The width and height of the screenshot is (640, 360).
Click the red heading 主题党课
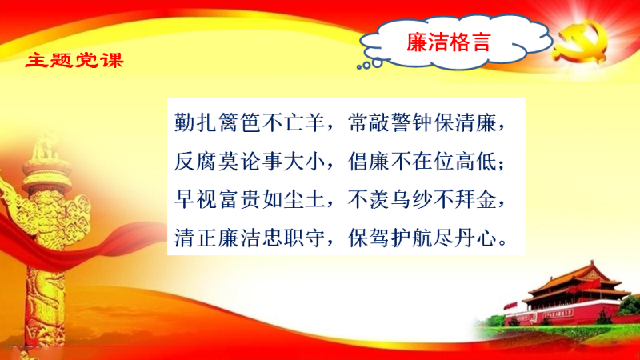click(74, 61)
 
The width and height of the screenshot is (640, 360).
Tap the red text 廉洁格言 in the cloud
click(448, 42)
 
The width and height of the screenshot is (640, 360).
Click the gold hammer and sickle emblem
click(579, 42)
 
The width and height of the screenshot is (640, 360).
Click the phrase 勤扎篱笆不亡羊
click(250, 122)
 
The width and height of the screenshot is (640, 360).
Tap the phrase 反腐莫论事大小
click(250, 162)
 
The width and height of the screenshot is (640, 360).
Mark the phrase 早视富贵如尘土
click(250, 199)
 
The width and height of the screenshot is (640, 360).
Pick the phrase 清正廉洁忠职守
click(250, 238)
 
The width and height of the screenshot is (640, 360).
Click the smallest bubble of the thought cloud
click(359, 67)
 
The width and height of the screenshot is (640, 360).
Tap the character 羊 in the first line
click(314, 122)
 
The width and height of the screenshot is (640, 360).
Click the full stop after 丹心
click(503, 244)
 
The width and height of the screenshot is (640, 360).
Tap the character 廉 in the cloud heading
click(417, 42)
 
